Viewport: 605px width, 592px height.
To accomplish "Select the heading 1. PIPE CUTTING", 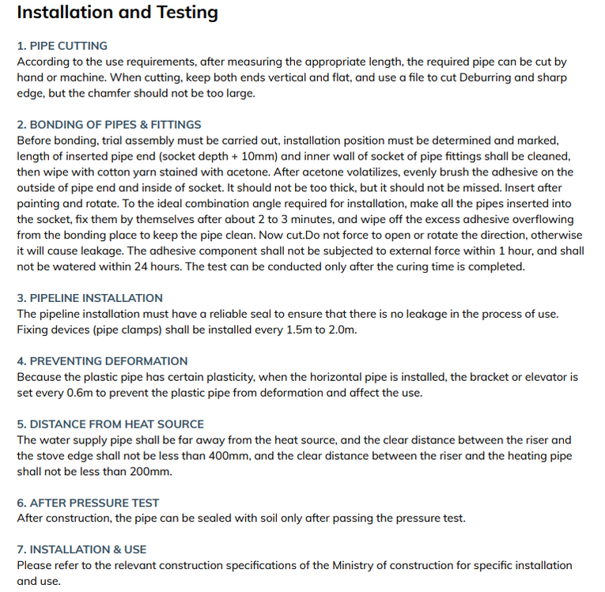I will click(62, 46).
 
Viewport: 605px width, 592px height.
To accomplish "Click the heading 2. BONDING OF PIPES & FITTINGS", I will click(109, 125).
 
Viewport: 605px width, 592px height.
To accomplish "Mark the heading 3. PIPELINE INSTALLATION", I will click(90, 298).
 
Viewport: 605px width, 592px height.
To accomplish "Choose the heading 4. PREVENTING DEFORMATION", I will click(103, 361).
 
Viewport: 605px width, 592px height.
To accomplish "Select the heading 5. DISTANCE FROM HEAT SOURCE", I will click(111, 424).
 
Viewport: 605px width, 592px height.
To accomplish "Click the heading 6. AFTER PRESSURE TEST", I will click(88, 503).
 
